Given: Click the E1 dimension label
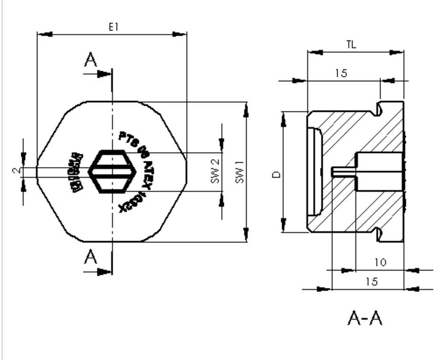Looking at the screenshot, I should pyautogui.click(x=114, y=27).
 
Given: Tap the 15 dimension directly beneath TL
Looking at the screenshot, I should pyautogui.click(x=341, y=73).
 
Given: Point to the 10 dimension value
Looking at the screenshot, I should pyautogui.click(x=380, y=262).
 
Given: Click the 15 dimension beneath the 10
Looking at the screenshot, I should pyautogui.click(x=372, y=282).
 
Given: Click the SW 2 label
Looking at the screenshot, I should pyautogui.click(x=215, y=172).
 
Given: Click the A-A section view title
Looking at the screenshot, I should pyautogui.click(x=365, y=318).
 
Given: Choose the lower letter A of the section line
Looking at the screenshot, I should pyautogui.click(x=91, y=257).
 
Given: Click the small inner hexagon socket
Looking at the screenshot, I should pyautogui.click(x=112, y=172).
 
